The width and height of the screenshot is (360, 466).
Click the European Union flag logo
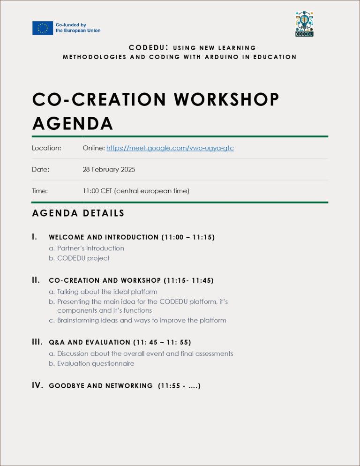(x=42, y=28)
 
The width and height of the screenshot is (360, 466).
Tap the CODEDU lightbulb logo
(x=304, y=23)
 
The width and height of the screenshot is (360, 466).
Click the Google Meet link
(x=170, y=148)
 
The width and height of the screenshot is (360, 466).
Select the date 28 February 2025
(x=109, y=169)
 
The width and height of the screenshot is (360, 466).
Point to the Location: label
(x=46, y=148)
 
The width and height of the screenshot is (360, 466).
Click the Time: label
(x=40, y=191)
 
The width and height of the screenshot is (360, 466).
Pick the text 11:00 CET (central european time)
(x=135, y=191)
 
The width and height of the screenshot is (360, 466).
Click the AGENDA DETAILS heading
(x=78, y=213)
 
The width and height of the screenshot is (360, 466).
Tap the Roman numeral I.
(x=34, y=237)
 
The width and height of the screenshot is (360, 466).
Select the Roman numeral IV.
(x=37, y=385)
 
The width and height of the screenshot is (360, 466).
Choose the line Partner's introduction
(x=90, y=248)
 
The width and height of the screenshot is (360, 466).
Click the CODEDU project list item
(x=83, y=258)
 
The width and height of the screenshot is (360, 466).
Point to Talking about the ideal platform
(x=107, y=292)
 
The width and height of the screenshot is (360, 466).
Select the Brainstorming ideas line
(x=142, y=320)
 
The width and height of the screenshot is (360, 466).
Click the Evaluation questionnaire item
(x=96, y=363)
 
